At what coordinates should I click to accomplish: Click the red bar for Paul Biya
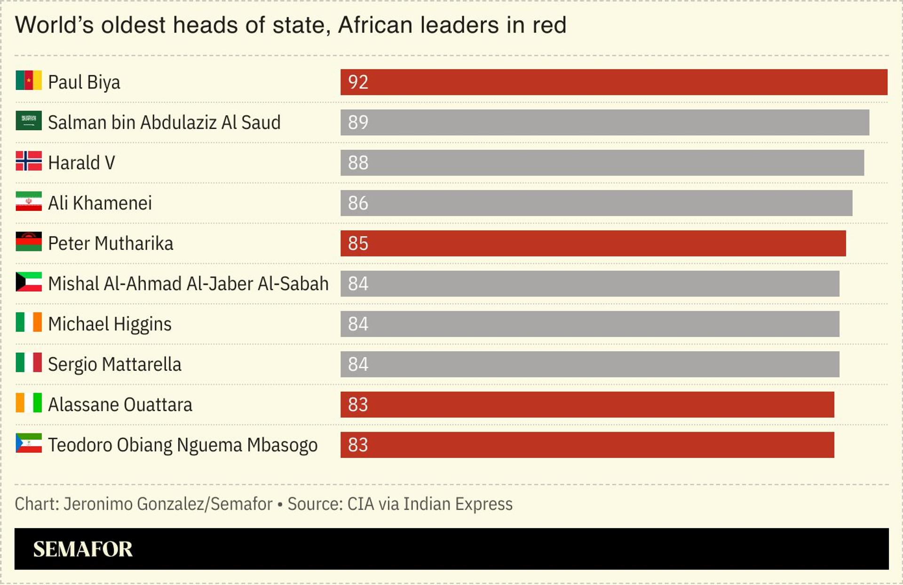(x=614, y=82)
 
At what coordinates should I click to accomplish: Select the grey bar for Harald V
(x=602, y=163)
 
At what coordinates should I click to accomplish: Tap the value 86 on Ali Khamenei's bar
(x=358, y=203)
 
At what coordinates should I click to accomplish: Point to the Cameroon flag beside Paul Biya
(x=29, y=80)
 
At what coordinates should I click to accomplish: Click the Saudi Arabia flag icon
(x=29, y=120)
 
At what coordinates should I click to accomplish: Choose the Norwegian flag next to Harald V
(x=29, y=161)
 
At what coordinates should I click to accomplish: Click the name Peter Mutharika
(x=111, y=244)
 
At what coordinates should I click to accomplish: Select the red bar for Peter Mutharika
(x=593, y=243)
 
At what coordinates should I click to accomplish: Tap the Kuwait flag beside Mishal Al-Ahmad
(x=29, y=282)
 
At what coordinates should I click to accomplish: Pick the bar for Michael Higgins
(x=590, y=324)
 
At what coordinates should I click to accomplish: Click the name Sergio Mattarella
(x=114, y=365)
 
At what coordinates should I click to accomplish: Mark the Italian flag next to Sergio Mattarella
(x=29, y=362)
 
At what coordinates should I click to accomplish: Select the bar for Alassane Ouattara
(x=587, y=405)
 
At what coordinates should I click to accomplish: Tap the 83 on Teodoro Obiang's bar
(x=358, y=445)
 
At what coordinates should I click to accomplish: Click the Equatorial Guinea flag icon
(x=29, y=443)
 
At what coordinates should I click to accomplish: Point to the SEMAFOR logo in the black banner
(x=83, y=549)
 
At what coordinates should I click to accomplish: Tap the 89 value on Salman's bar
(x=358, y=122)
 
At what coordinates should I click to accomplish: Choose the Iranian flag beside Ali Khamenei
(x=29, y=201)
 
